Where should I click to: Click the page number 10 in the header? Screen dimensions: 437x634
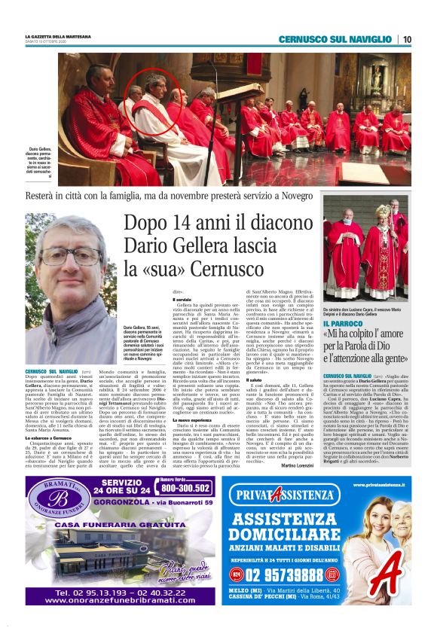(x=406, y=39)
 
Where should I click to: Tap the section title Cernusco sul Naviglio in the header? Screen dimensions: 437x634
(x=335, y=39)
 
